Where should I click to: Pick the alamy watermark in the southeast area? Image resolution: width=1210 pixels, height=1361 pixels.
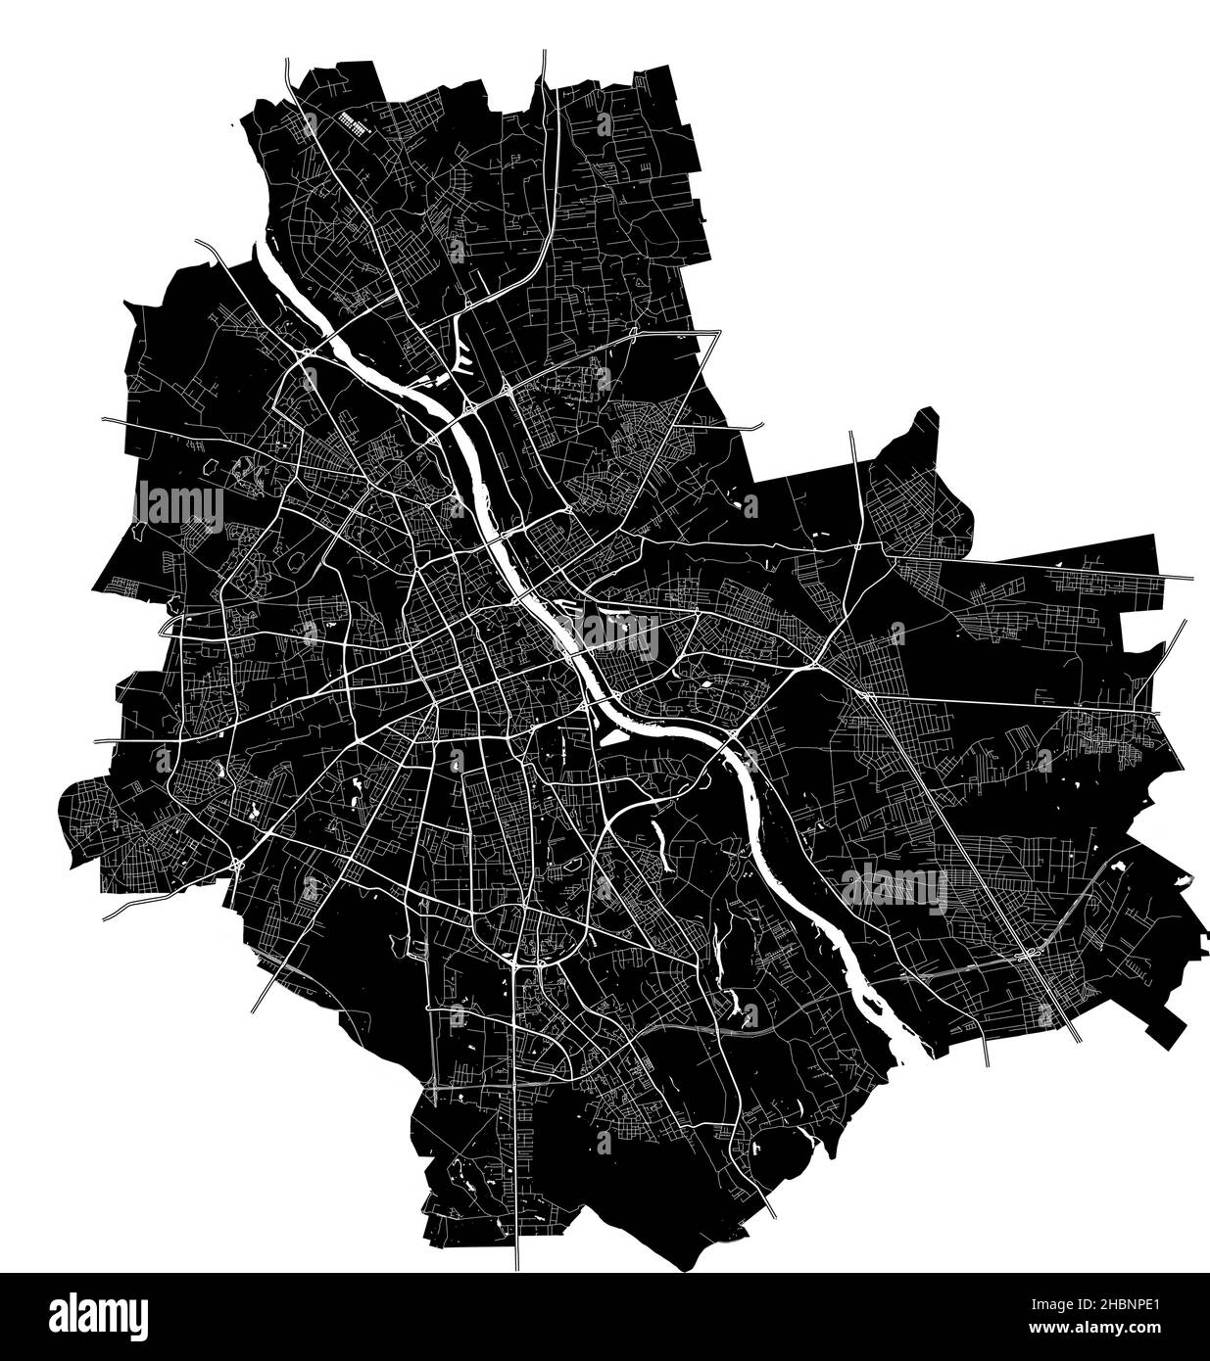coord(894,888)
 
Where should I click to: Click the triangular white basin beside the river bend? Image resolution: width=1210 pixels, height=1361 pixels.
coord(612,734)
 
